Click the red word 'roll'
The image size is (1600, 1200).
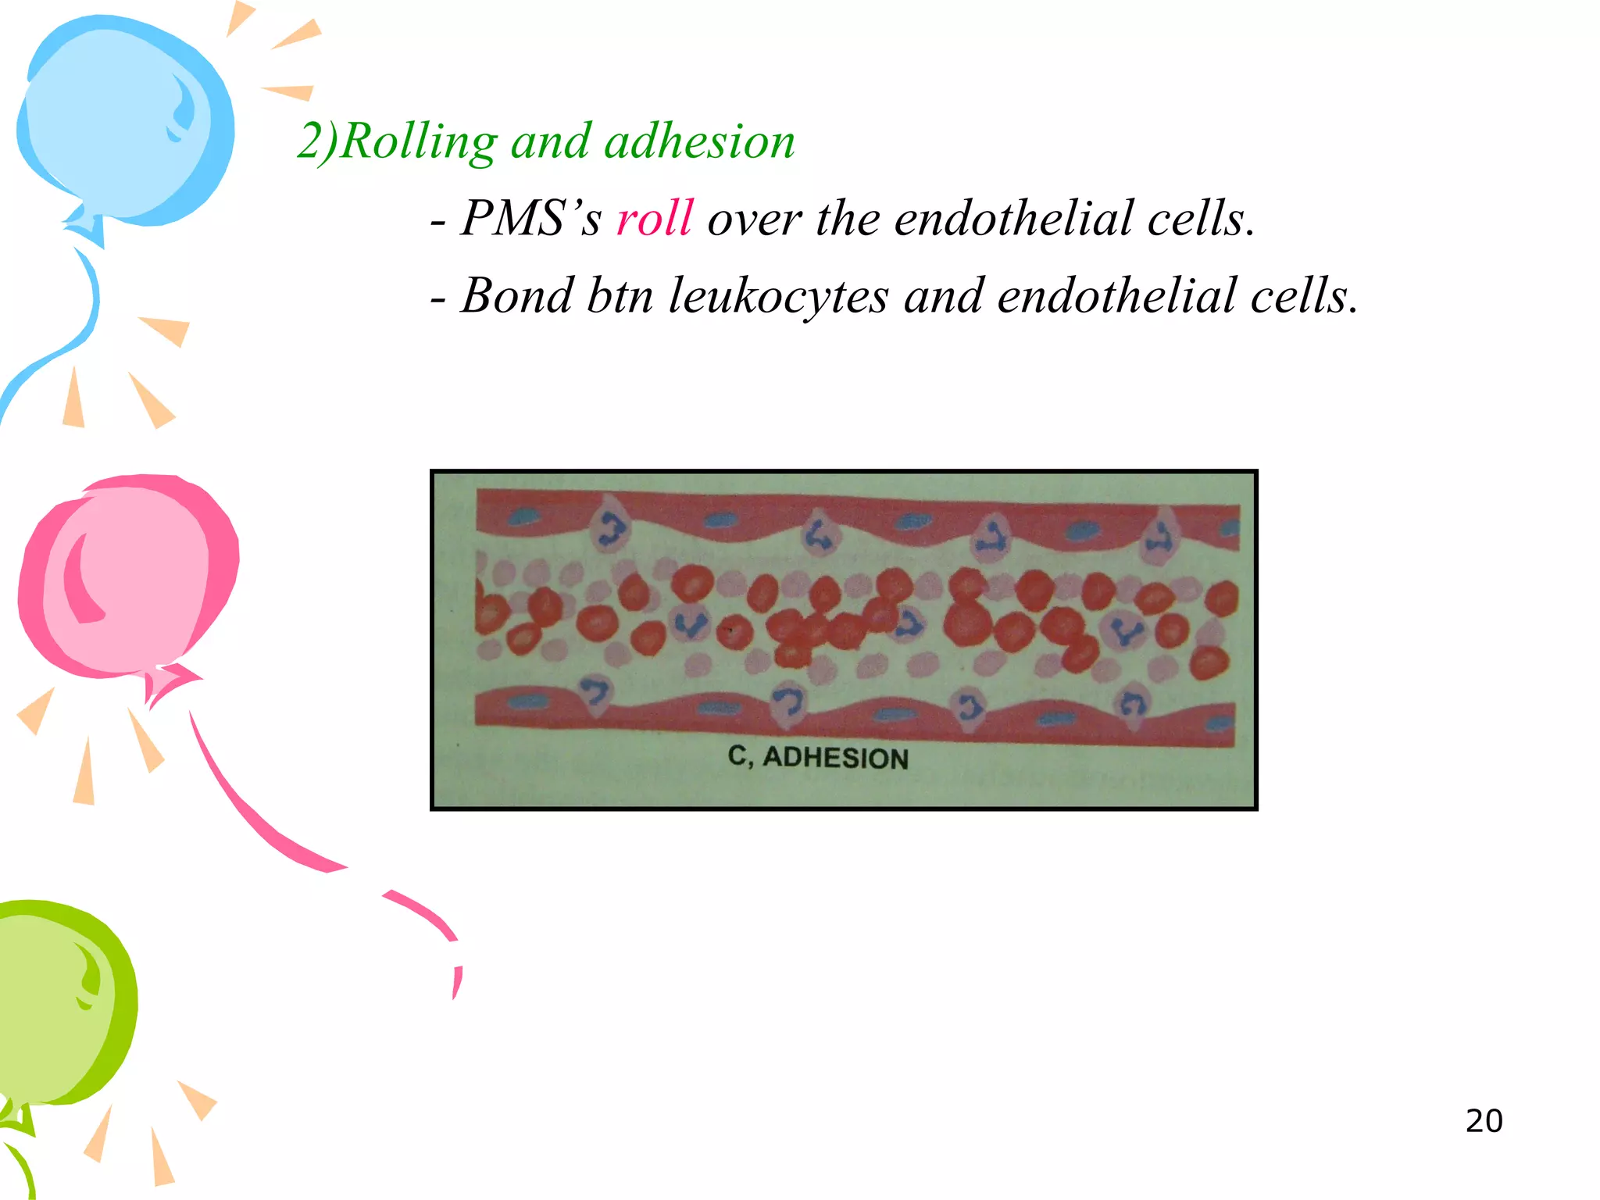(654, 218)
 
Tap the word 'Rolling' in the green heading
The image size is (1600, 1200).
(419, 142)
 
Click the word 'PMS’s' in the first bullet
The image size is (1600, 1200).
(530, 218)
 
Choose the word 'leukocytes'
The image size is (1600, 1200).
(778, 296)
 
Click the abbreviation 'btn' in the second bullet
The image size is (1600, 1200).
(620, 296)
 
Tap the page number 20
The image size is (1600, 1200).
(1484, 1121)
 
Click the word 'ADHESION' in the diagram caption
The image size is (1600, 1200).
(835, 758)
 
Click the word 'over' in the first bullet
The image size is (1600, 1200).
(754, 218)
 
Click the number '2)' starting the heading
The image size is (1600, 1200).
(317, 142)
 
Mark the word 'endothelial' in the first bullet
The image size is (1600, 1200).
(1012, 218)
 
